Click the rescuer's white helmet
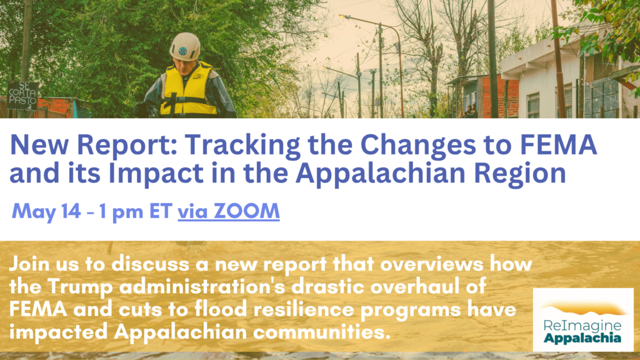tap(185, 46)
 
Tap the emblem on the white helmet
tap(183, 51)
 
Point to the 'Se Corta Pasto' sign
tap(23, 96)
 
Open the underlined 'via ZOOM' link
tap(229, 211)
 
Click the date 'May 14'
tap(46, 212)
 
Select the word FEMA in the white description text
tap(38, 309)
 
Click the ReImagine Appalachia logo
tap(583, 319)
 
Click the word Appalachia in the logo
tap(582, 337)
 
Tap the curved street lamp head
tap(344, 17)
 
